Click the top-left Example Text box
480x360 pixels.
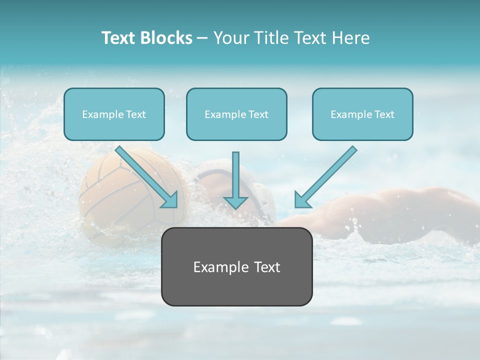pos(114,114)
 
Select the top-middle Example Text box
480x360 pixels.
pos(236,114)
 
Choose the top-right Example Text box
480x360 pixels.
pos(362,114)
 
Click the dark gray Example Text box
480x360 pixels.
pos(236,266)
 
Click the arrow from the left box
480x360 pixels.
pos(146,176)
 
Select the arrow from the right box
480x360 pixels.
pos(326,176)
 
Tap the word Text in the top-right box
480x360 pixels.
pos(384,114)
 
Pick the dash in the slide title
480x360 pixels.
pos(202,38)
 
